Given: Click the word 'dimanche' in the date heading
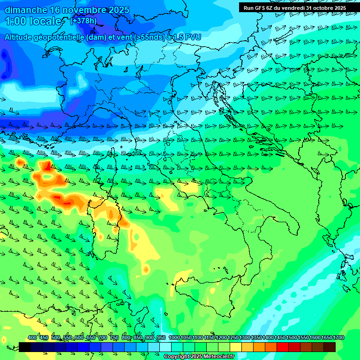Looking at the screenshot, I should [x=26, y=10].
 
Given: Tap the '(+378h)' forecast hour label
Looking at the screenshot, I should [x=83, y=21].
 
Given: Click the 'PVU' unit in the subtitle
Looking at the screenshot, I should [x=192, y=37].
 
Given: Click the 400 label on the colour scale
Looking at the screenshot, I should [x=32, y=338].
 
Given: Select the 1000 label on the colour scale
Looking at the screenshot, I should [x=174, y=338].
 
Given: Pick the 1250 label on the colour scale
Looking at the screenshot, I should [x=233, y=338].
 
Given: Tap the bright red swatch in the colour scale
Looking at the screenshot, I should [x=283, y=347].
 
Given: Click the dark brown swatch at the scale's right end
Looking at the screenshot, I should [x=330, y=347].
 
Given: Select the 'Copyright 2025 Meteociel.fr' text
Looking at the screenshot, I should [x=199, y=356].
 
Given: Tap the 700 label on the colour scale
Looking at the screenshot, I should [x=103, y=338].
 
